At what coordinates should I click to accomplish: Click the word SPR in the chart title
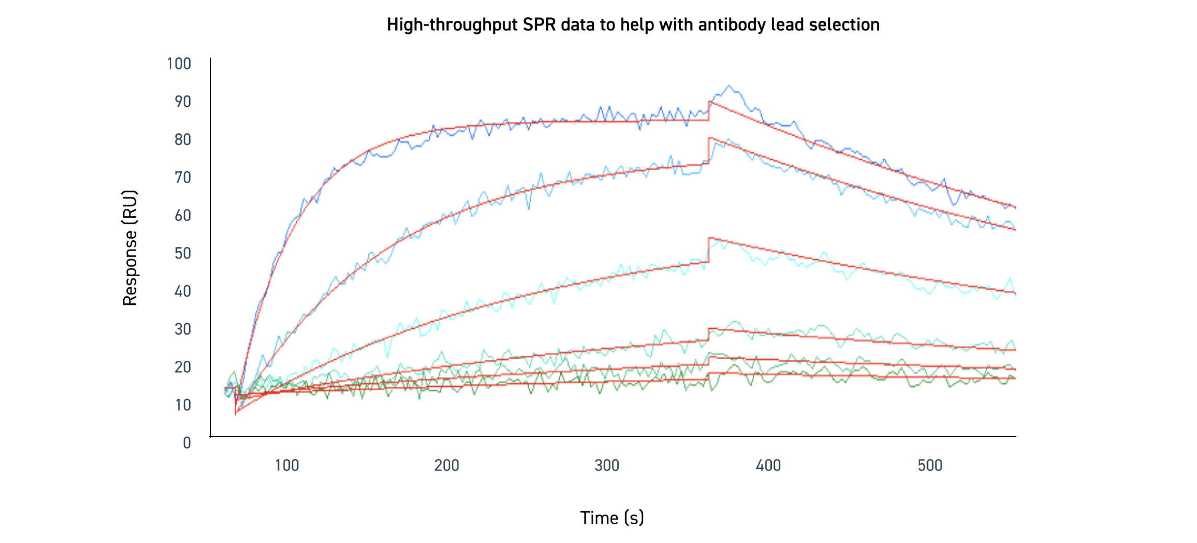tap(540, 25)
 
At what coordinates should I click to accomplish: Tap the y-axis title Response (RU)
tap(130, 247)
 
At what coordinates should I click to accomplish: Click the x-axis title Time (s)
tap(612, 517)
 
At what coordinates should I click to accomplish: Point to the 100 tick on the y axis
tap(179, 64)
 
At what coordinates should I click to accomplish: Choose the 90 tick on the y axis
tap(183, 101)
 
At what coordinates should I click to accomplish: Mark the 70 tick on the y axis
tap(183, 178)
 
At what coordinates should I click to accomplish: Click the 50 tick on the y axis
tap(183, 253)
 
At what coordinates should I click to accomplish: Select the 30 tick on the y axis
tap(183, 329)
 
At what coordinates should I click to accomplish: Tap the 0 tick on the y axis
tap(187, 443)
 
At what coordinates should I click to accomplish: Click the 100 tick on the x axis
tap(287, 465)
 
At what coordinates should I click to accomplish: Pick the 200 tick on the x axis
tap(447, 465)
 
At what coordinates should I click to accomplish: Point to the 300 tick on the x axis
tap(607, 465)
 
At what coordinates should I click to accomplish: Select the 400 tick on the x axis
tap(768, 465)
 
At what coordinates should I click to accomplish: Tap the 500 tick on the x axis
tap(930, 465)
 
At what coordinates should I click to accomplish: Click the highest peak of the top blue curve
tap(729, 86)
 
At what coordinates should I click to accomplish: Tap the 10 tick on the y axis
tap(183, 405)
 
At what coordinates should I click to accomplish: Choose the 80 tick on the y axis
tap(183, 139)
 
